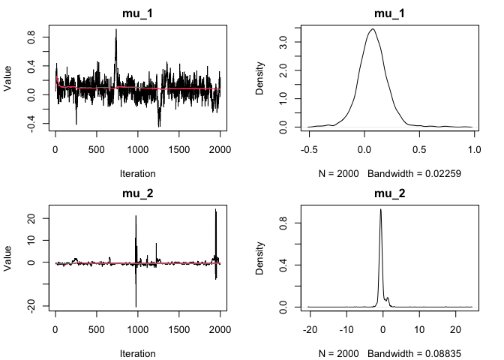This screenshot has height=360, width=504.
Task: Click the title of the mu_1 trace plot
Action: tap(138, 13)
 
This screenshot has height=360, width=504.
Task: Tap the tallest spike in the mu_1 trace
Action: tap(116, 29)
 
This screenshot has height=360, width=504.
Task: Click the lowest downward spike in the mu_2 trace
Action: tap(136, 305)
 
